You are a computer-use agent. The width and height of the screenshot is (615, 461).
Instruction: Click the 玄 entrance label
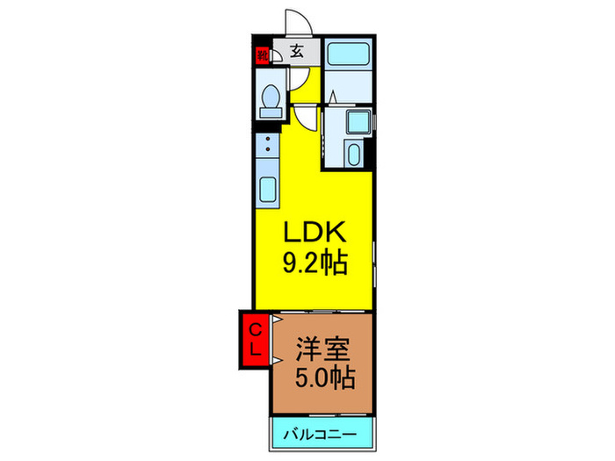[x=297, y=51]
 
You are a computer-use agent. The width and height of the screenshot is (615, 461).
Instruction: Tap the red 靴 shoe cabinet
[x=262, y=55]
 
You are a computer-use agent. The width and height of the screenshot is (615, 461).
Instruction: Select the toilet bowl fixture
[x=271, y=97]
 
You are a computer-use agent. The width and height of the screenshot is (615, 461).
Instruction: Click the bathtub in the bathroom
[x=348, y=54]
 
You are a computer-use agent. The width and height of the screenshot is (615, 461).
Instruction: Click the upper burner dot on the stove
[x=268, y=139]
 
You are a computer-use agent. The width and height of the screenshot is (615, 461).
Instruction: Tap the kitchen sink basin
[x=267, y=190]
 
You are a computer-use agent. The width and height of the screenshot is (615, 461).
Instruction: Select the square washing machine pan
[x=358, y=122]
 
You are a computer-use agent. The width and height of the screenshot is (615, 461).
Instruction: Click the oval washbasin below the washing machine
[x=354, y=155]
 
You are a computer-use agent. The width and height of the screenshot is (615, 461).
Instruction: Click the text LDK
[x=315, y=232]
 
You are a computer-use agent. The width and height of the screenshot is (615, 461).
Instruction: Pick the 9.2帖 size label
[x=315, y=263]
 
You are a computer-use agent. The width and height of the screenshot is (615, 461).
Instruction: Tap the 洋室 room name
[x=322, y=349]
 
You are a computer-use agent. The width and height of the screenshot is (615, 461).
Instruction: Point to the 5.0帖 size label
[x=325, y=377]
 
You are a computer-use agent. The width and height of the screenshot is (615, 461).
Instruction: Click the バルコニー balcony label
[x=321, y=435]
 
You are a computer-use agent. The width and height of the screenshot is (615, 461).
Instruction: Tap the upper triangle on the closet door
[x=277, y=319]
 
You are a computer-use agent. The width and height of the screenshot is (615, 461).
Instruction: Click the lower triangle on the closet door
[x=277, y=359]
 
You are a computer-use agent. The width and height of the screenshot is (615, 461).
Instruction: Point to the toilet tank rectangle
[x=271, y=113]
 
